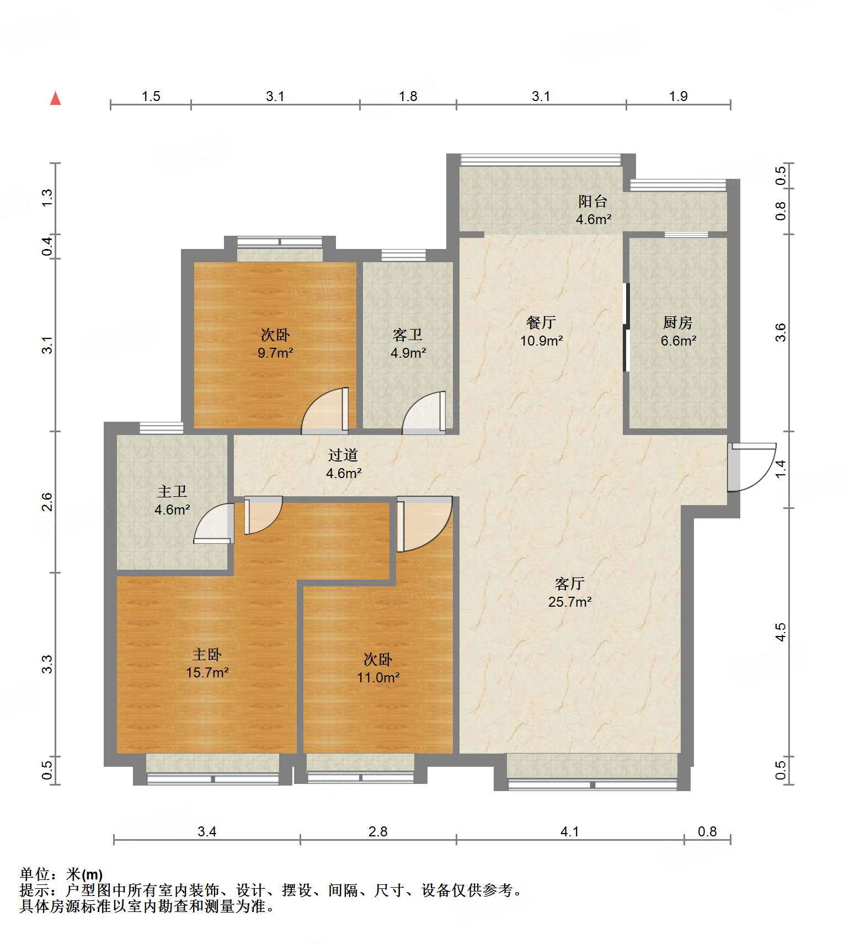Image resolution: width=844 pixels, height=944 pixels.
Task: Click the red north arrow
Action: pos(55,98)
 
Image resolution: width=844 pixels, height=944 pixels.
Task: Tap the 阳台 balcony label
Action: pos(593,201)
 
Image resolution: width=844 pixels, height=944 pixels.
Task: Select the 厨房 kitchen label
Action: pos(677,322)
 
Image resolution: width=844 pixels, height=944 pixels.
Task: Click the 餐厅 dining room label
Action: pos(541,322)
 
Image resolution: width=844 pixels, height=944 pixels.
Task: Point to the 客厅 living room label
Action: pos(570,584)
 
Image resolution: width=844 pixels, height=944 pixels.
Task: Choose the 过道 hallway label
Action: pos(343,455)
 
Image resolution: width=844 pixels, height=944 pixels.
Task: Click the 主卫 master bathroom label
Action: pos(172,491)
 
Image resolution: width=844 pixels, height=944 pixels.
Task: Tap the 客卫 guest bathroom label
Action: pos(408,335)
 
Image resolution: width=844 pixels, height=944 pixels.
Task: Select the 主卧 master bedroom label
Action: pos(207,655)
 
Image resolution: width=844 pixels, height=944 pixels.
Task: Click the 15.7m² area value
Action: pos(207,672)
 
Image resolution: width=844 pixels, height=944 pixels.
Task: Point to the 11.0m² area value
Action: pos(378,677)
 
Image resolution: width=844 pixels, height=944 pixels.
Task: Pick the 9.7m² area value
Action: pos(275,353)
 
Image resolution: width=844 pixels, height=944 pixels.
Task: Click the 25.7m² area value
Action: pos(570,602)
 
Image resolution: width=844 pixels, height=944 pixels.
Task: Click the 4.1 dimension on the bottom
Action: pos(570,831)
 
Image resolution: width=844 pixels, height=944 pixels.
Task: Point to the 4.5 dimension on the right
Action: pos(780,633)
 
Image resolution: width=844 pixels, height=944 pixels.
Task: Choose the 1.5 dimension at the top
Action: pos(151,97)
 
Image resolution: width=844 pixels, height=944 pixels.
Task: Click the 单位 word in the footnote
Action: pos(35,874)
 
